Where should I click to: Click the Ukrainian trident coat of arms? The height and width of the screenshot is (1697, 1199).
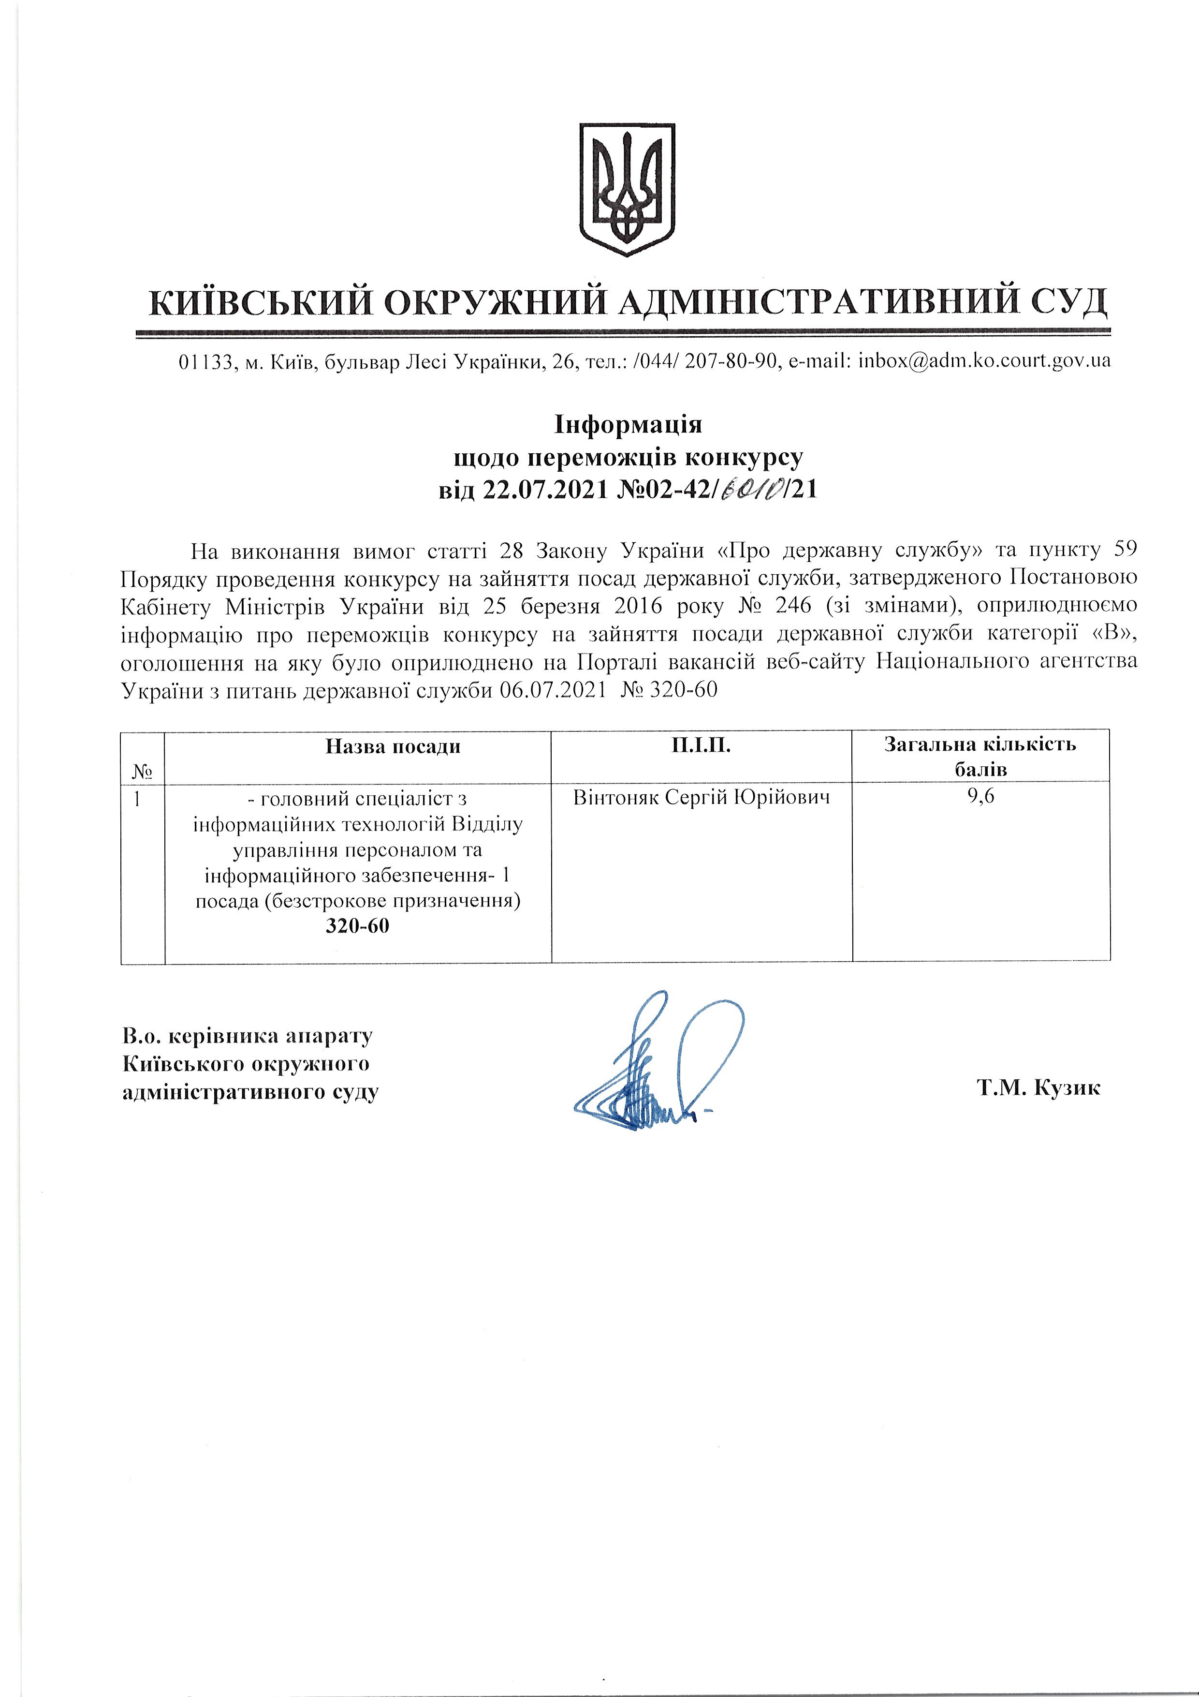click(x=627, y=189)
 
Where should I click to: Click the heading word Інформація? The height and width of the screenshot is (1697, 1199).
click(x=628, y=425)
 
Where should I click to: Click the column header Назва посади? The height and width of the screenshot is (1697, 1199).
click(x=393, y=746)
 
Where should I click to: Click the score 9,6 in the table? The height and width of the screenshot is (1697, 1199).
click(x=980, y=797)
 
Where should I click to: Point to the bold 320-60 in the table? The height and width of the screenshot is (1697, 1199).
click(x=358, y=926)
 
